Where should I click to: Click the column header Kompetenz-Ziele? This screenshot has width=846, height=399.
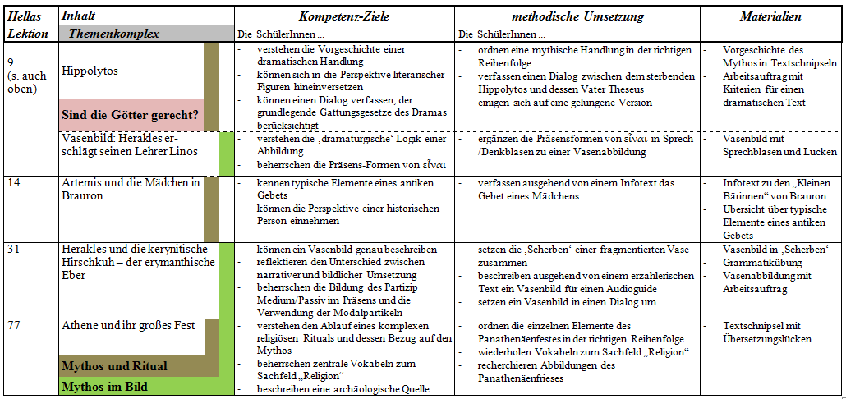[343, 16]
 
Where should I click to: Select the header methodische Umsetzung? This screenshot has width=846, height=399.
[577, 16]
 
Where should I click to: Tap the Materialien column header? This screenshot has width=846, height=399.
[770, 16]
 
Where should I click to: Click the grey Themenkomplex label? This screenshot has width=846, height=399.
[114, 34]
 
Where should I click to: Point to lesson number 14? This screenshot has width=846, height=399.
[15, 182]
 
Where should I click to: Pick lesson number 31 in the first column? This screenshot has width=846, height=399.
[15, 249]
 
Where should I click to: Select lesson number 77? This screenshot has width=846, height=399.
[15, 326]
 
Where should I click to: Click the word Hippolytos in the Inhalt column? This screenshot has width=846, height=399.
[90, 71]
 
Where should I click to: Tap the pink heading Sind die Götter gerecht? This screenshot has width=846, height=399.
[130, 113]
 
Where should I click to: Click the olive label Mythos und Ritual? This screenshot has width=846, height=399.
[114, 366]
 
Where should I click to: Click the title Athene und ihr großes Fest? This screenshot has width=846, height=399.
[128, 326]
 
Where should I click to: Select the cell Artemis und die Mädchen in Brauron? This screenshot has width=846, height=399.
[131, 189]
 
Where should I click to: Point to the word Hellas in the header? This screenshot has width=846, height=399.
[24, 16]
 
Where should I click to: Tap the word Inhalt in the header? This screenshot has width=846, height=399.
[78, 16]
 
